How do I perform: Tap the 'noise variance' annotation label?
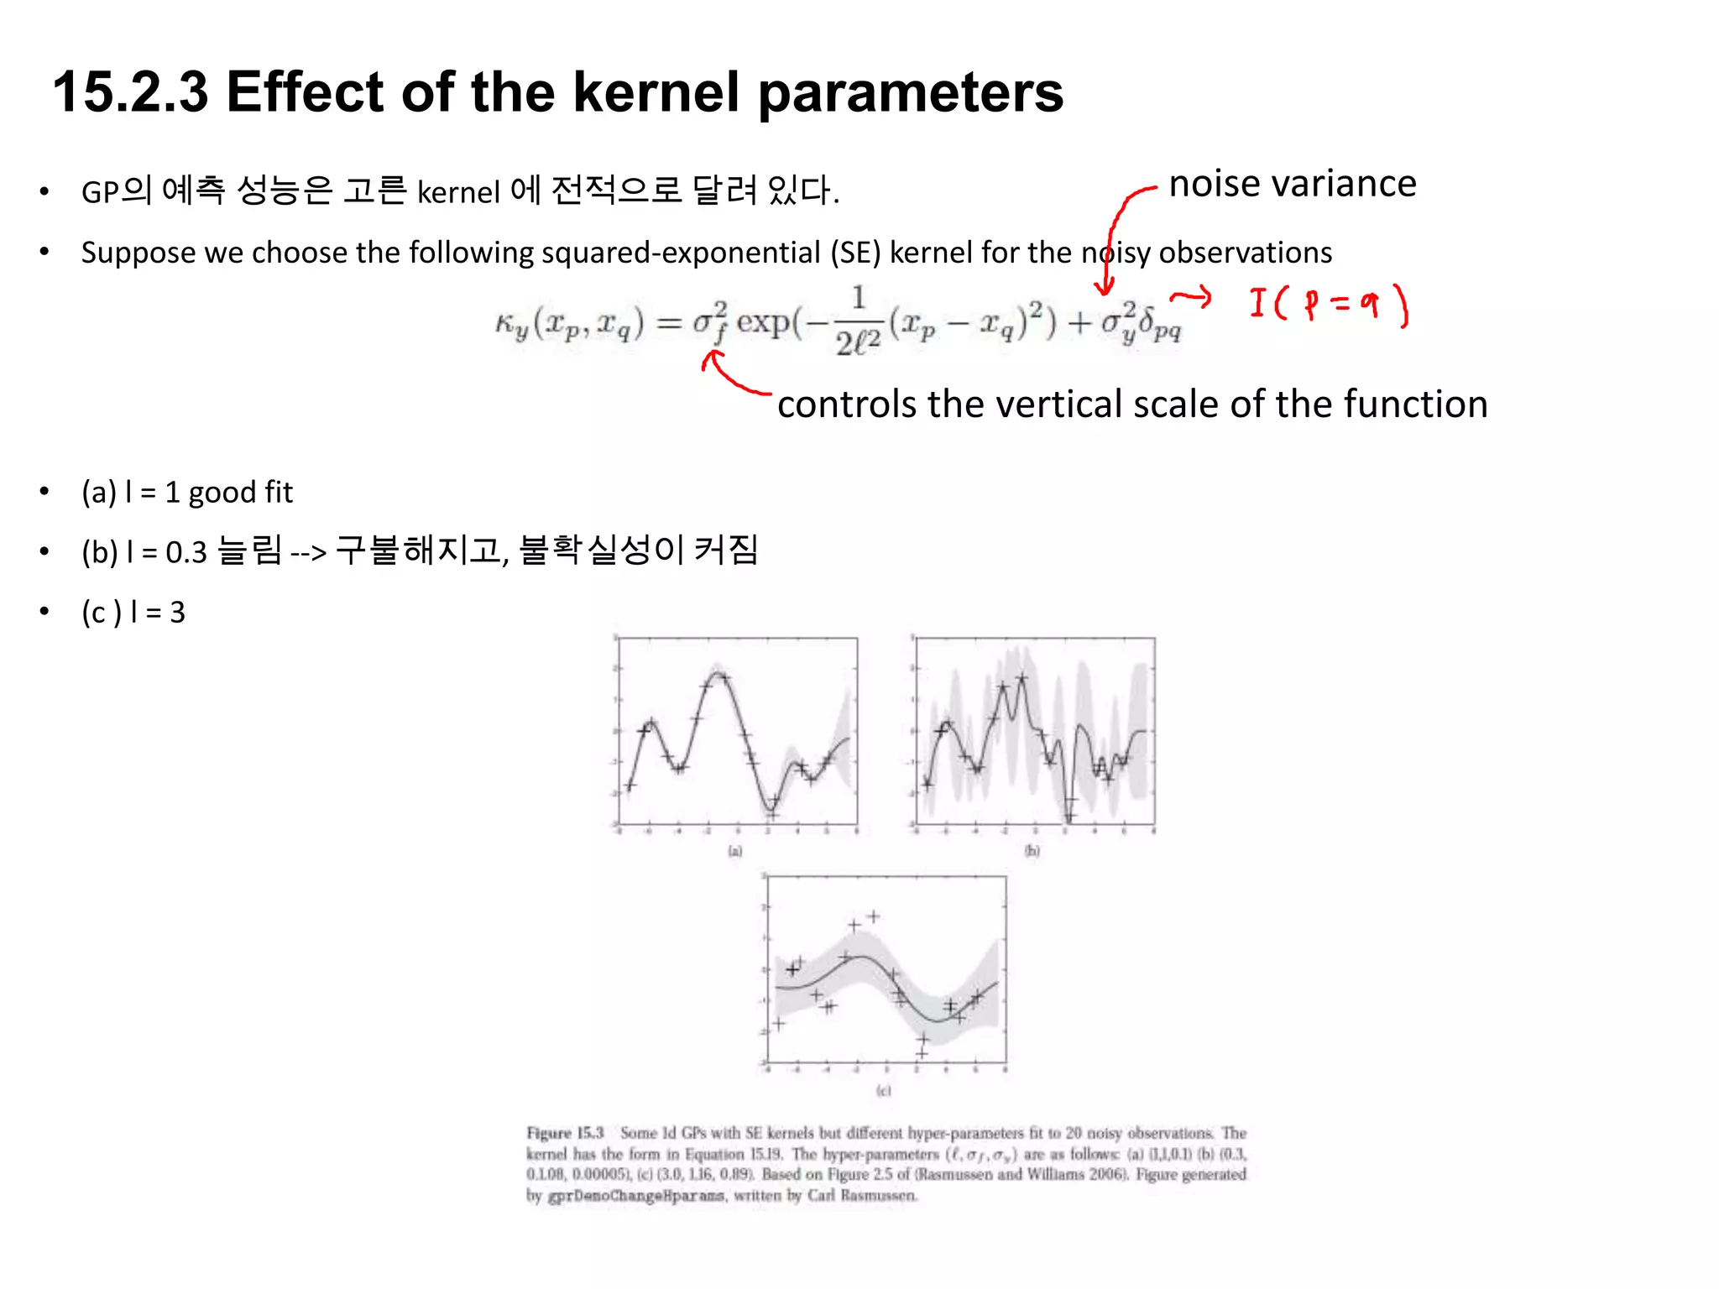1292,184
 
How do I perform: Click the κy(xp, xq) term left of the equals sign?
569,324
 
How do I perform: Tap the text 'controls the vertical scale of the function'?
1131,404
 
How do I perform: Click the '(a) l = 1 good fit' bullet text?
186,492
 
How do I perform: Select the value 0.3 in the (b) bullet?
185,552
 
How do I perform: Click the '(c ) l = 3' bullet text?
133,612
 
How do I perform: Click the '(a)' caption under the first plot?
735,851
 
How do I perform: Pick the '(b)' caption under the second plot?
1032,851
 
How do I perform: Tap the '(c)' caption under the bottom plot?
883,1090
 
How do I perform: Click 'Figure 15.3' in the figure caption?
565,1133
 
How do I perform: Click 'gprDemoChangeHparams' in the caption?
635,1196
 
